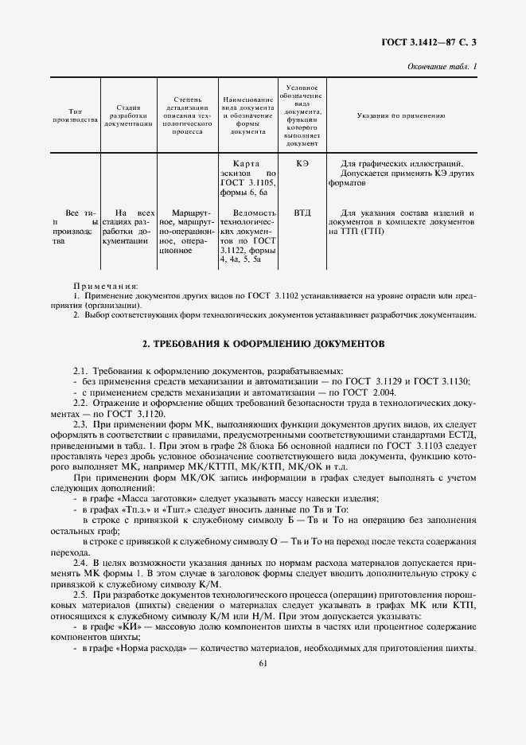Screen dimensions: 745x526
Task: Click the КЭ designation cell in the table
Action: pos(302,164)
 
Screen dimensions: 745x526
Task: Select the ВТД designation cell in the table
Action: pos(302,213)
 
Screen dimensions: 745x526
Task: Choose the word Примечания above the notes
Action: pos(106,285)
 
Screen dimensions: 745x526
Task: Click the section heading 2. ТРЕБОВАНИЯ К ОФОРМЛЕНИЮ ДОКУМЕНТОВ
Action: pos(263,345)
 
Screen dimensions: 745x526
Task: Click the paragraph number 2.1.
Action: pos(80,372)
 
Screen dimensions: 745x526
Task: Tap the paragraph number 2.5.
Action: pos(80,595)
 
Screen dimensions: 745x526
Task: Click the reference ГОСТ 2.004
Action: pos(366,393)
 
